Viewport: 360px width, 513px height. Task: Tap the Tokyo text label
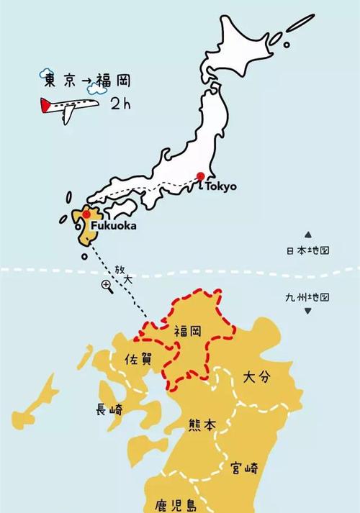pyautogui.click(x=220, y=186)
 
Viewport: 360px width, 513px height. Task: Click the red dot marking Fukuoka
pyautogui.click(x=86, y=214)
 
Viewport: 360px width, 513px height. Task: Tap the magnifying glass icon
pyautogui.click(x=107, y=286)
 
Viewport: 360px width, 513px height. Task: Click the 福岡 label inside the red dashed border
pyautogui.click(x=188, y=332)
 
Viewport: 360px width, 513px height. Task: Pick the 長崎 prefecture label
pyautogui.click(x=110, y=409)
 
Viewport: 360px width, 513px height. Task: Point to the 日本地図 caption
pyautogui.click(x=308, y=251)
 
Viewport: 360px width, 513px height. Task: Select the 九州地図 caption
pyautogui.click(x=308, y=296)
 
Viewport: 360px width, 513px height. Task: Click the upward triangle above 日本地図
pyautogui.click(x=308, y=235)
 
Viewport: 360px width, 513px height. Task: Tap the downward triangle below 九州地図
pyautogui.click(x=308, y=312)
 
